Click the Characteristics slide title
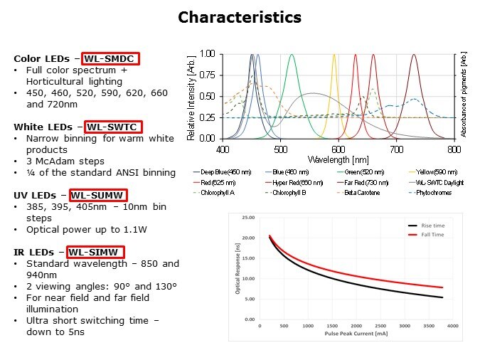pyautogui.click(x=239, y=17)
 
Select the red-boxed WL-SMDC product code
pyautogui.click(x=110, y=58)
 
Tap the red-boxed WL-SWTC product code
pyautogui.click(x=114, y=127)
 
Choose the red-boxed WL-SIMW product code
pyautogui.click(x=96, y=252)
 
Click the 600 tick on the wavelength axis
pyautogui.click(x=338, y=149)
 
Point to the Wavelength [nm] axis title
pyautogui.click(x=339, y=159)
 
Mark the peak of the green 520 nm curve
pyautogui.click(x=292, y=54)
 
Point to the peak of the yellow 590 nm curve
pyautogui.click(x=334, y=54)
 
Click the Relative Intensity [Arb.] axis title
pyautogui.click(x=192, y=95)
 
